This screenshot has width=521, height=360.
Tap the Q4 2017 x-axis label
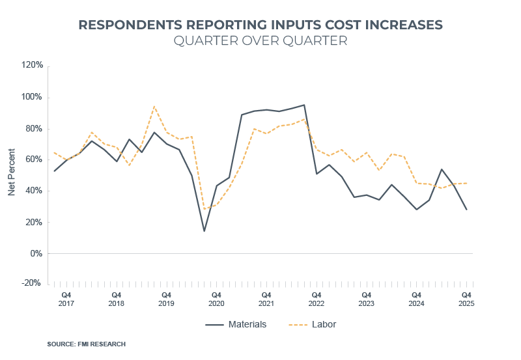pos(66,299)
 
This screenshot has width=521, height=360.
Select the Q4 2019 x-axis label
pos(166,299)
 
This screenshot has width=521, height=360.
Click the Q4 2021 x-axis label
pos(266,299)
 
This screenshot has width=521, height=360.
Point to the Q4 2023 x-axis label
pos(366,299)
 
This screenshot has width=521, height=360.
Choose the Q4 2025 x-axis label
pos(466,299)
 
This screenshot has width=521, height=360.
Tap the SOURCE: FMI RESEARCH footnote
pos(86,344)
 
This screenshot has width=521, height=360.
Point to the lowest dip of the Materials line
pos(204,231)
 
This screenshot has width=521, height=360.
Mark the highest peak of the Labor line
pos(154,106)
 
